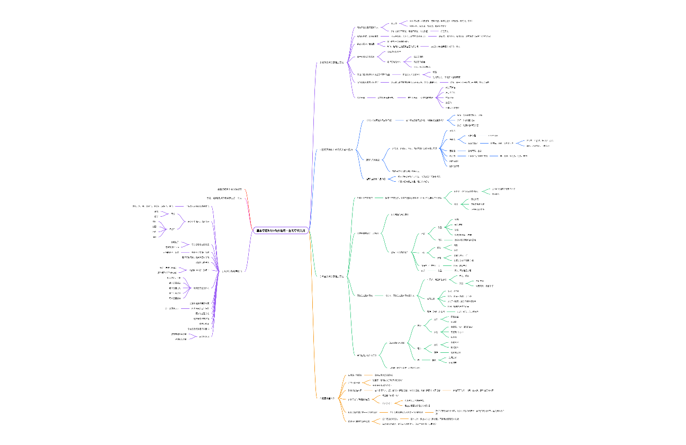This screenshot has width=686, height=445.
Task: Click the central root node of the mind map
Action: pos(281,230)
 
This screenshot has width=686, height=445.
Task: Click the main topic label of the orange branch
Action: pos(328,398)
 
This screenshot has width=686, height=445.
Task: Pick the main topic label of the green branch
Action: pos(332,276)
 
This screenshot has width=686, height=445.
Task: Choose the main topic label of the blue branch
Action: pos(337,150)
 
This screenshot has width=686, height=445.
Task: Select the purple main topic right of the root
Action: pos(332,63)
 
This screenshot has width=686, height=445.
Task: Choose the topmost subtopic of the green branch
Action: pos(365,198)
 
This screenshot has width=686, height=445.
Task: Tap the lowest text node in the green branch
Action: pos(405,367)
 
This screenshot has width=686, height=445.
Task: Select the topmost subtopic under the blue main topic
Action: pos(380,120)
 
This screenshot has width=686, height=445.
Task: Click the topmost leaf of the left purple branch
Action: pos(157,206)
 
